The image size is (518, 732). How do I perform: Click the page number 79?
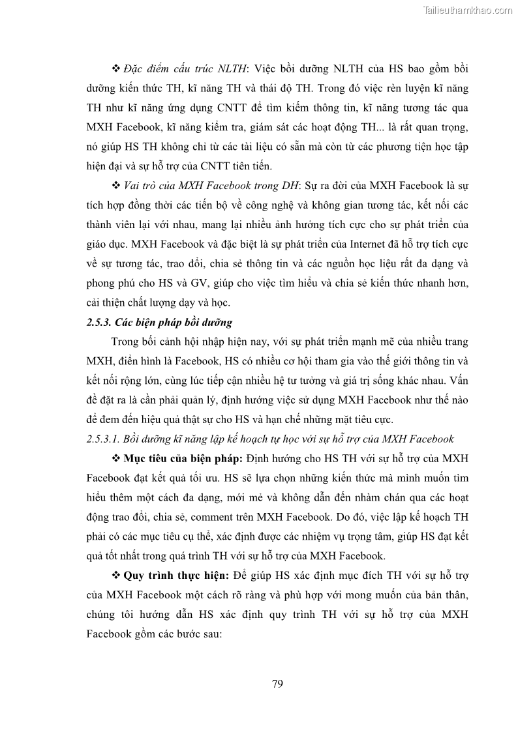pos(277,684)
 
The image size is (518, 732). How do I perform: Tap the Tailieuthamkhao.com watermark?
pos(468,10)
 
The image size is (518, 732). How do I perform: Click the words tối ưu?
pos(203,478)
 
